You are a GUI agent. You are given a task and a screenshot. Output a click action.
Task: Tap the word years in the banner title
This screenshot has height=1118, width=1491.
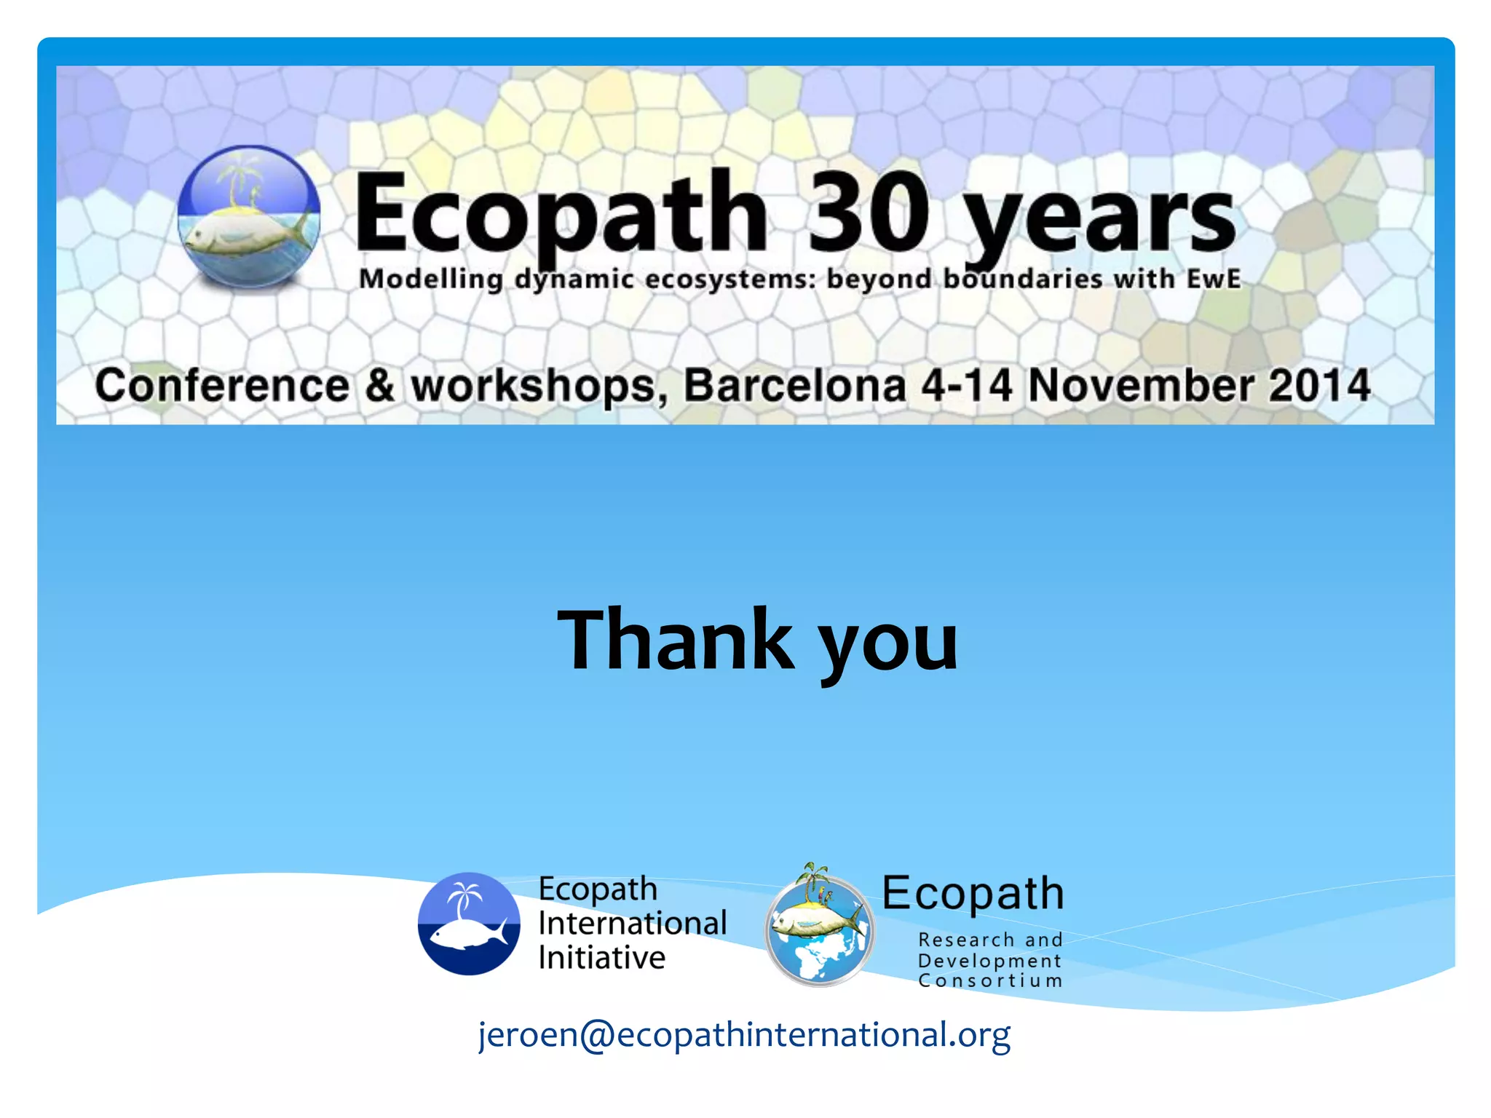point(1099,218)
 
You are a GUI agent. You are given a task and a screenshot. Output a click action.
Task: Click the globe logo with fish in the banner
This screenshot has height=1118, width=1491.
point(249,216)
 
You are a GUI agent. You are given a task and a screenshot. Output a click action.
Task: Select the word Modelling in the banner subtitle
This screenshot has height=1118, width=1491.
point(431,279)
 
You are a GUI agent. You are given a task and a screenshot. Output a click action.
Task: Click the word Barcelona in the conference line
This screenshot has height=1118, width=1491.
point(795,385)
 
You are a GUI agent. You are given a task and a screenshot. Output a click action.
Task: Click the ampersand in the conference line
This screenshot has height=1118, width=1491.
point(379,385)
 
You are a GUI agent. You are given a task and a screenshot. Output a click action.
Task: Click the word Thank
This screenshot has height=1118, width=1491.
point(676,641)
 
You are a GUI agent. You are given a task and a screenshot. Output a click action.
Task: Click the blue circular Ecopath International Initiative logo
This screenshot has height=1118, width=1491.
point(469,924)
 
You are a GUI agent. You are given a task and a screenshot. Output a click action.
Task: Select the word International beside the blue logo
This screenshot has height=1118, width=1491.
point(633,923)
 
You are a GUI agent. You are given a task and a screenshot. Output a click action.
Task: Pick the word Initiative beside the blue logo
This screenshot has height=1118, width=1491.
point(602,957)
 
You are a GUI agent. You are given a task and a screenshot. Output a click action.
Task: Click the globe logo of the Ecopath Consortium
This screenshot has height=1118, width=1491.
point(819,928)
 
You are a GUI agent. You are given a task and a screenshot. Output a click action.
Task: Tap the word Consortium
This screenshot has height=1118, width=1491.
point(990,980)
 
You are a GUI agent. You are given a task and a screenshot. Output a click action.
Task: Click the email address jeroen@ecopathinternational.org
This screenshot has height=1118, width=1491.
point(745,1034)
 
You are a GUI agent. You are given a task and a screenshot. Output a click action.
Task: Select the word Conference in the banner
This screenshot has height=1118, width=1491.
point(222,385)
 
